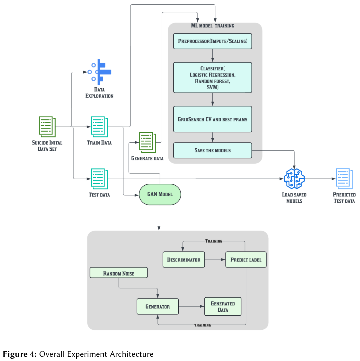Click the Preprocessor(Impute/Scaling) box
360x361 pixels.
[x=212, y=41]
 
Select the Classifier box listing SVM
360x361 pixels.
[x=212, y=77]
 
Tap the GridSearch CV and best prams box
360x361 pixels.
[x=212, y=119]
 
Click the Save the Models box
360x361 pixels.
[x=212, y=150]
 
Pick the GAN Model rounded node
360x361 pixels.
[x=160, y=194]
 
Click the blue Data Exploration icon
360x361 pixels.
[x=100, y=72]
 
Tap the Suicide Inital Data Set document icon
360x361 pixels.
[x=47, y=127]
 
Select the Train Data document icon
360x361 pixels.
[x=99, y=127]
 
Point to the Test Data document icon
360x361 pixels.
[x=99, y=179]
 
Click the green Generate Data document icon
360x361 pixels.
[x=147, y=142]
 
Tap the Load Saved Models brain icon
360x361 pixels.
[x=294, y=179]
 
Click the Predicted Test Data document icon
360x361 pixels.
[x=344, y=179]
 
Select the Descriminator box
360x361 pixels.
[x=184, y=260]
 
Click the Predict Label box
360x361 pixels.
[x=246, y=260]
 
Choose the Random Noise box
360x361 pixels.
[x=119, y=273]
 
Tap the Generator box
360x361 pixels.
[x=158, y=306]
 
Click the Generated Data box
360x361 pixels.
[x=223, y=306]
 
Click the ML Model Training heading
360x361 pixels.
[x=212, y=26]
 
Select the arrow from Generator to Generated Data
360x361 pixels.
[x=191, y=306]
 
